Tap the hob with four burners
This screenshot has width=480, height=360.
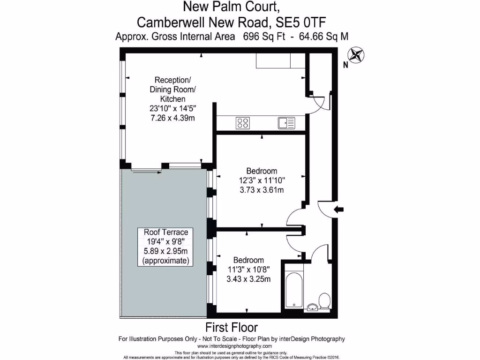pyautogui.click(x=243, y=123)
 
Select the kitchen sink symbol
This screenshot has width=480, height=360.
pyautogui.click(x=286, y=123)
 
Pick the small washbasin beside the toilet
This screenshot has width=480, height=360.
pyautogui.click(x=313, y=307)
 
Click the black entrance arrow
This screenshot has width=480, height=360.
pyautogui.click(x=337, y=210)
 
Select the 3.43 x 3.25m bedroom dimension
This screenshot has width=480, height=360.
pyautogui.click(x=248, y=279)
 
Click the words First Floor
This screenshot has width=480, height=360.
pyautogui.click(x=232, y=327)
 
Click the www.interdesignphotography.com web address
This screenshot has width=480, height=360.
pyautogui.click(x=232, y=346)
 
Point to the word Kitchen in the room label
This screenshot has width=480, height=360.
pyautogui.click(x=173, y=99)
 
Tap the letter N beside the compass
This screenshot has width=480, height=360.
pyautogui.click(x=346, y=66)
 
